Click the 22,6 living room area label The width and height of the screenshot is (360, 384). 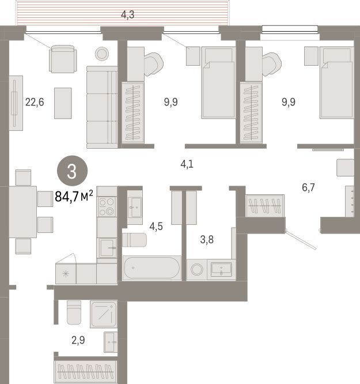tap(35, 102)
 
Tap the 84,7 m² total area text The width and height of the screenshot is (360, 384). tap(74, 196)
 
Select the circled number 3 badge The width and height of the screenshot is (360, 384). tap(72, 171)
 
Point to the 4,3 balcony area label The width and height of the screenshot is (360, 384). tap(127, 15)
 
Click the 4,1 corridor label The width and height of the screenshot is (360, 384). tap(187, 164)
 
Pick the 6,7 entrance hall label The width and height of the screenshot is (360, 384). tap(308, 187)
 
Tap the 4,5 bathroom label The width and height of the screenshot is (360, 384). tap(156, 226)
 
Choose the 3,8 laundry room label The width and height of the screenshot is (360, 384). tap(207, 239)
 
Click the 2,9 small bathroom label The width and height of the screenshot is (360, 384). tap(78, 340)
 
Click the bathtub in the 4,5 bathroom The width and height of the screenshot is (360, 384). tap(151, 268)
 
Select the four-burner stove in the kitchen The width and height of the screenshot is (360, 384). tap(107, 206)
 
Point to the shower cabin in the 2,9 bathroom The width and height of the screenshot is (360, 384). tap(104, 314)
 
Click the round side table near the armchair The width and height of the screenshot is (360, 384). tap(102, 54)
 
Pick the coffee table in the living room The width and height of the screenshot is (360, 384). tap(63, 103)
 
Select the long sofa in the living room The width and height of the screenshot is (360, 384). tap(102, 107)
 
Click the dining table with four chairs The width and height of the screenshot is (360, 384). tap(23, 212)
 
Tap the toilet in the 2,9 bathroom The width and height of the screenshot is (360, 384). tap(74, 313)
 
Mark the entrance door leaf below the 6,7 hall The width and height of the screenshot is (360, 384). tap(301, 239)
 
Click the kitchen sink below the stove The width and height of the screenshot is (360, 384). tap(107, 248)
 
